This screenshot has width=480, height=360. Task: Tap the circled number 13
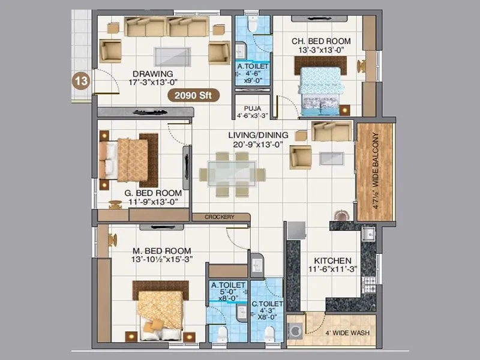coord(82,80)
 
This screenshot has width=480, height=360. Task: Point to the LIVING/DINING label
coord(258,135)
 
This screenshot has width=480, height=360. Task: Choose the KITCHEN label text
coord(332,261)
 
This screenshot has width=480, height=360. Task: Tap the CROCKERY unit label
coord(219,217)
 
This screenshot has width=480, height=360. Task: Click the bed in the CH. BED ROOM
coord(320,90)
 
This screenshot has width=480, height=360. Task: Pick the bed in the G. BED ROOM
coord(127,159)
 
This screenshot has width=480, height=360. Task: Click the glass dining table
coord(233,174)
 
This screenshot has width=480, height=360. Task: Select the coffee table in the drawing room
coord(173,55)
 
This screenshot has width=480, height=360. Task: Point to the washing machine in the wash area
coord(296,331)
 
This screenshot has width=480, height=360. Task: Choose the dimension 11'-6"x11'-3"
coord(333,271)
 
